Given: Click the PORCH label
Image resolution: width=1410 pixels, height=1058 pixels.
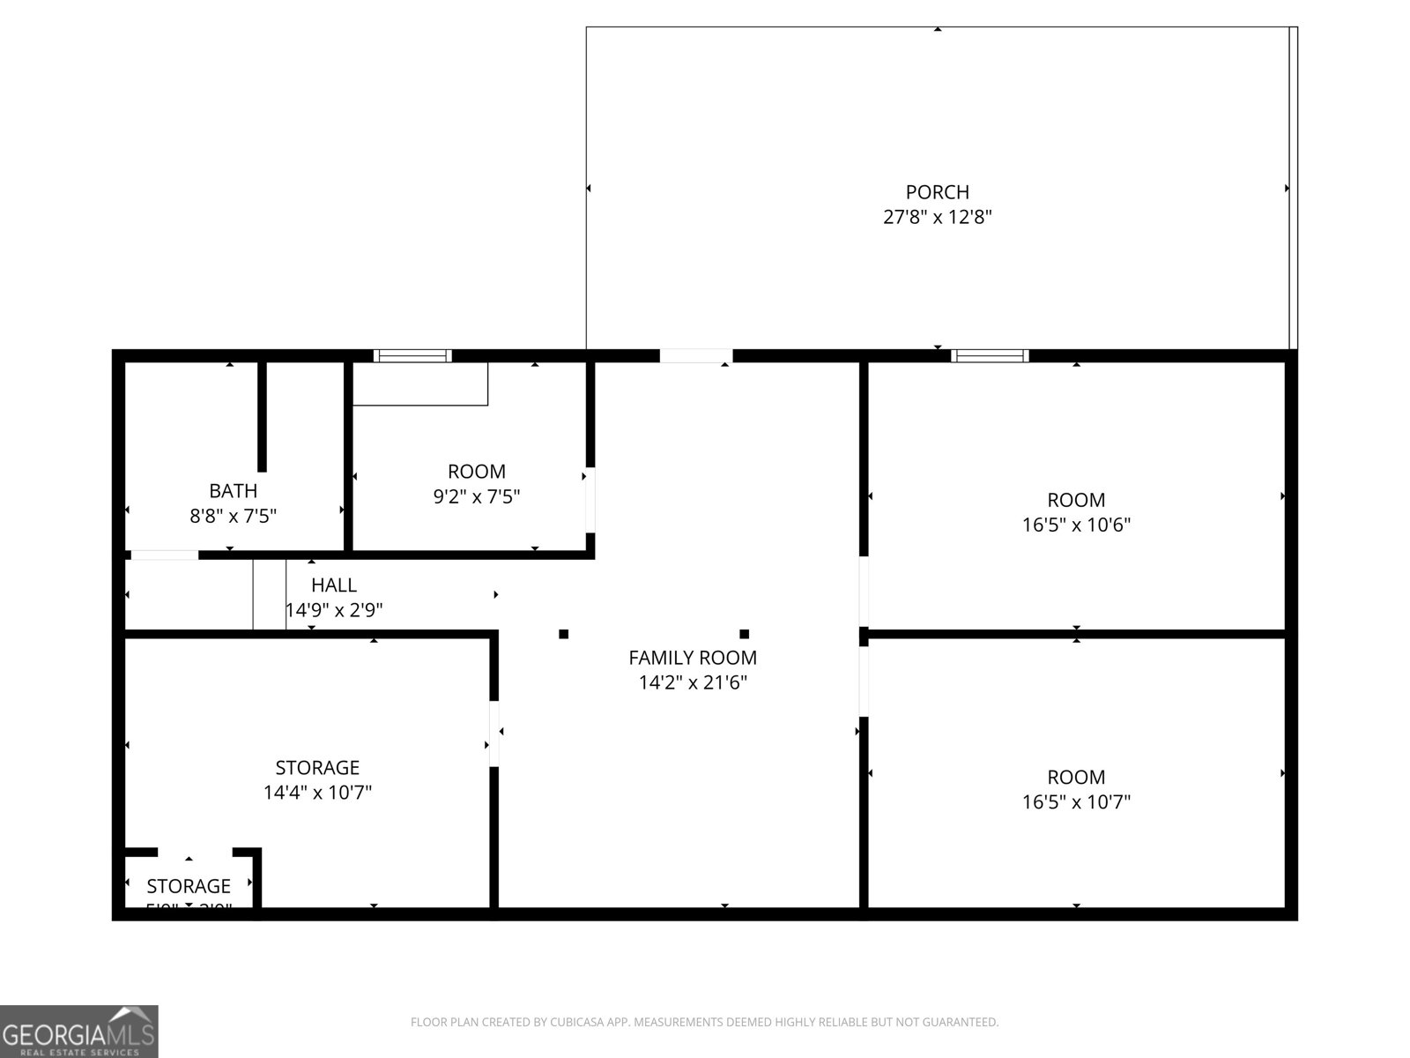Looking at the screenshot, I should pyautogui.click(x=937, y=192).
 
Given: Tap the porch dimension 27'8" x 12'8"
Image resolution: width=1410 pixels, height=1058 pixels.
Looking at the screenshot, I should pyautogui.click(x=937, y=217).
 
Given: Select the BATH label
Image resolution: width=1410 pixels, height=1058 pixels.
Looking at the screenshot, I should pyautogui.click(x=233, y=491).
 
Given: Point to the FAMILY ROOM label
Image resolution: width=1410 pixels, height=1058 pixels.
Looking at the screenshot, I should pyautogui.click(x=692, y=658).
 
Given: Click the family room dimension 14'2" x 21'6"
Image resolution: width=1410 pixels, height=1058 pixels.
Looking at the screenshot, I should pyautogui.click(x=692, y=682).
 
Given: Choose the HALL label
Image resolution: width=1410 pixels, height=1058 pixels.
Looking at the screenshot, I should pyautogui.click(x=333, y=585).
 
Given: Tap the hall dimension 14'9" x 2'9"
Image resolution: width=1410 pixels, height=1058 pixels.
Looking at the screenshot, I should pyautogui.click(x=333, y=610).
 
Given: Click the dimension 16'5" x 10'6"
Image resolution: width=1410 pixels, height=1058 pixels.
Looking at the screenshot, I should pyautogui.click(x=1076, y=525).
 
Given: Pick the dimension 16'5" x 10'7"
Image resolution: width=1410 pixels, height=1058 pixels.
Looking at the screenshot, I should pyautogui.click(x=1076, y=802).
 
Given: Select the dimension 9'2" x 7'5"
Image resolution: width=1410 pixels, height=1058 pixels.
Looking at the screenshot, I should pyautogui.click(x=476, y=497).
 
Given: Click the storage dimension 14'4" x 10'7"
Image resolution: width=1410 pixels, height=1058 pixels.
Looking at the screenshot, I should pyautogui.click(x=317, y=793).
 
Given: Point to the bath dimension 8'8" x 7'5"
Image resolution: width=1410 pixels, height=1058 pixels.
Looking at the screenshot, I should pyautogui.click(x=233, y=516).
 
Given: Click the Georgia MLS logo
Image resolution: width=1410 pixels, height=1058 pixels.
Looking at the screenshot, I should pyautogui.click(x=79, y=1031).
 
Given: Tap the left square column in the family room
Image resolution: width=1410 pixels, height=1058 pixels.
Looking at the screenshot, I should pyautogui.click(x=564, y=634).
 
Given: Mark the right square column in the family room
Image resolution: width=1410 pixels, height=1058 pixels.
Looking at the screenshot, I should pyautogui.click(x=744, y=634).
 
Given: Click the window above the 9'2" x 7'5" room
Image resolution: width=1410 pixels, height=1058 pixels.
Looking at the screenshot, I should pyautogui.click(x=412, y=356).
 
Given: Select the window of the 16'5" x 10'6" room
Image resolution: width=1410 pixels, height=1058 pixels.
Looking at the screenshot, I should pyautogui.click(x=990, y=356).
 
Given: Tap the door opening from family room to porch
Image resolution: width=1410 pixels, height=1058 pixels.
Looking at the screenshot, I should pyautogui.click(x=695, y=356).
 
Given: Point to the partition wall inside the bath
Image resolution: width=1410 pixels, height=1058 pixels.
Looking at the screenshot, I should pyautogui.click(x=262, y=416).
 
